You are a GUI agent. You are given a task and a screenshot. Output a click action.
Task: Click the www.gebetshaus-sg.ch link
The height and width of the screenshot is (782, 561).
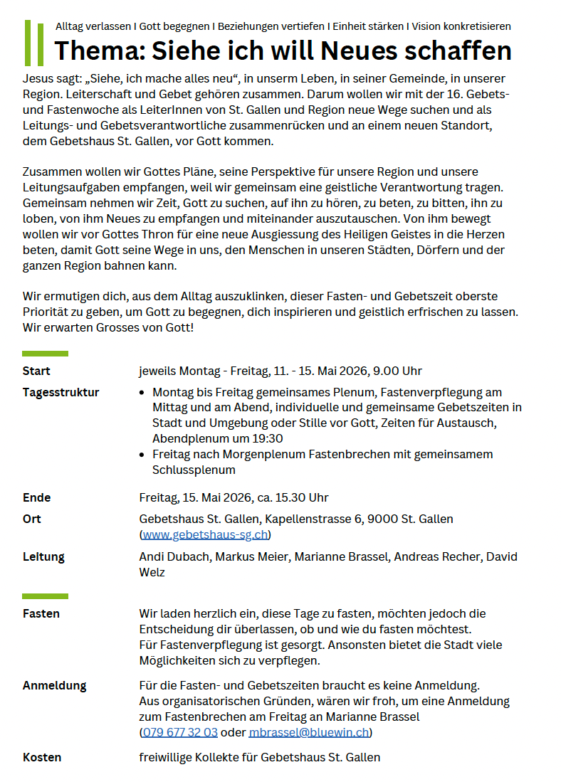tap(205, 535)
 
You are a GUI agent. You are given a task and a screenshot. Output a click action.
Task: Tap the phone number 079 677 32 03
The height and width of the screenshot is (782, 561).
tap(180, 732)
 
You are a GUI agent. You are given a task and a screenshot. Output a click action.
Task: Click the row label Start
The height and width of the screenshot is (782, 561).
tap(36, 371)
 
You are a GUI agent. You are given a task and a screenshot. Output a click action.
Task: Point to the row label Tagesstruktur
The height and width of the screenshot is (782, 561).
tap(61, 392)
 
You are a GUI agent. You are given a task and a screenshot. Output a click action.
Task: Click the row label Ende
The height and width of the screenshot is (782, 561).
tap(37, 497)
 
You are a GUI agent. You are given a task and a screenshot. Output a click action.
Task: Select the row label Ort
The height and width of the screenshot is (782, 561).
tap(31, 519)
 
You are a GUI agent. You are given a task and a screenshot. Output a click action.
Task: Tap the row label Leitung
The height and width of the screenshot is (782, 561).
tap(43, 556)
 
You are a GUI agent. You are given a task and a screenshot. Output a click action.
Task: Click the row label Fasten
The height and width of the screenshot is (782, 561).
tap(41, 613)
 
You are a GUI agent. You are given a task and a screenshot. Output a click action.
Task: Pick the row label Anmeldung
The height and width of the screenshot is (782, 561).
tap(54, 685)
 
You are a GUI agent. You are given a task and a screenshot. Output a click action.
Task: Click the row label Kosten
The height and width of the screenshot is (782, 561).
tap(42, 757)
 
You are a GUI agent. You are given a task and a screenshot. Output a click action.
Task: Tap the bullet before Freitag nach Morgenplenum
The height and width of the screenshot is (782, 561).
tap(143, 455)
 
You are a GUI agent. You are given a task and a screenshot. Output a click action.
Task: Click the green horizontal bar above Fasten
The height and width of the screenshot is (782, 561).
tap(45, 596)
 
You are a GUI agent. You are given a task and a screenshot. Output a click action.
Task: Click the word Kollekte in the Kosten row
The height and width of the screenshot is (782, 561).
tap(213, 757)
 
